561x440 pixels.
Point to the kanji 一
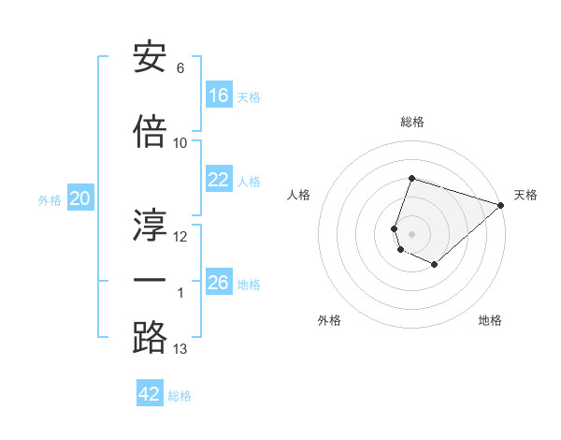[151, 280]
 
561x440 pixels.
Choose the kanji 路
[151, 336]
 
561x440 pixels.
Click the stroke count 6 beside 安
[180, 68]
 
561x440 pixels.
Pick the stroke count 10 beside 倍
[180, 143]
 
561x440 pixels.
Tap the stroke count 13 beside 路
[180, 349]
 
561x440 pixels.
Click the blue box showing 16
[219, 95]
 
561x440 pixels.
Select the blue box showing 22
[219, 180]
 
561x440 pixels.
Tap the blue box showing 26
[219, 283]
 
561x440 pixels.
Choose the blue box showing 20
[79, 198]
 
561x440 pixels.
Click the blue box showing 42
[150, 394]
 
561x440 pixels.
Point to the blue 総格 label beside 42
[180, 396]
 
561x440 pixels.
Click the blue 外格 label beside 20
[49, 200]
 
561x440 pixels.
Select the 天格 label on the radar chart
[526, 195]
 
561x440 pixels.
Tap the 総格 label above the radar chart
[412, 122]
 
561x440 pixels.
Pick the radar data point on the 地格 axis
[435, 265]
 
